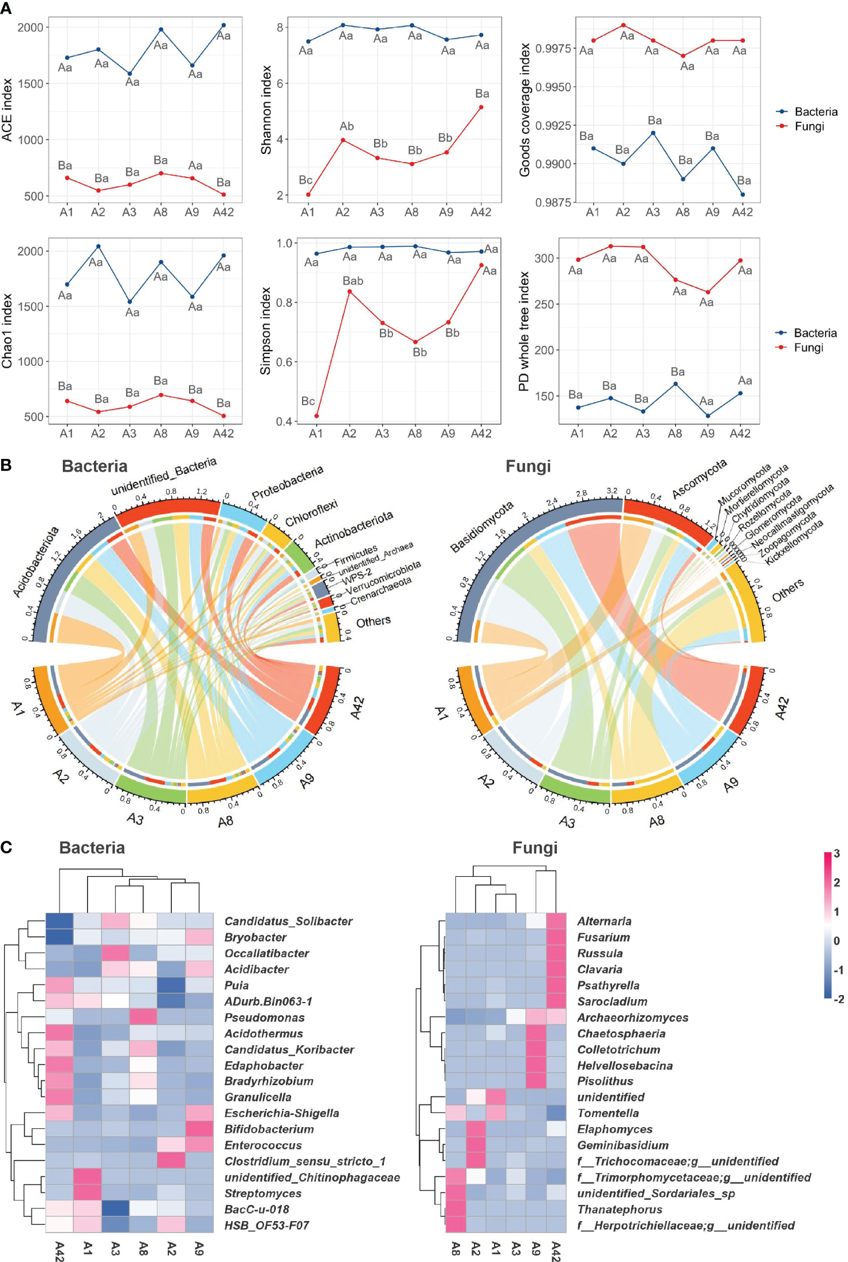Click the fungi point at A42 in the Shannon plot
(x=481, y=107)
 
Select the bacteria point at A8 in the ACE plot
(x=161, y=29)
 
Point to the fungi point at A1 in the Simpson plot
(x=316, y=416)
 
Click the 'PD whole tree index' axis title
(x=524, y=331)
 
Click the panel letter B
(x=6, y=465)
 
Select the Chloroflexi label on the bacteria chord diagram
(x=311, y=513)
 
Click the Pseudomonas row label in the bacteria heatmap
(x=264, y=1018)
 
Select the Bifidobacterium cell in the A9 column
(x=199, y=1129)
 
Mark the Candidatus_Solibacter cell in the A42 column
(x=59, y=921)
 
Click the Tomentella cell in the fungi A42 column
(x=556, y=1113)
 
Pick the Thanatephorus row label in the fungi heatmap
(x=620, y=1209)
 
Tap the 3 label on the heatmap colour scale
(x=836, y=853)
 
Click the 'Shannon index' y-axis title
(x=266, y=110)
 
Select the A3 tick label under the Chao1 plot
(x=129, y=434)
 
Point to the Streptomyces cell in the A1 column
(x=88, y=1193)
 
